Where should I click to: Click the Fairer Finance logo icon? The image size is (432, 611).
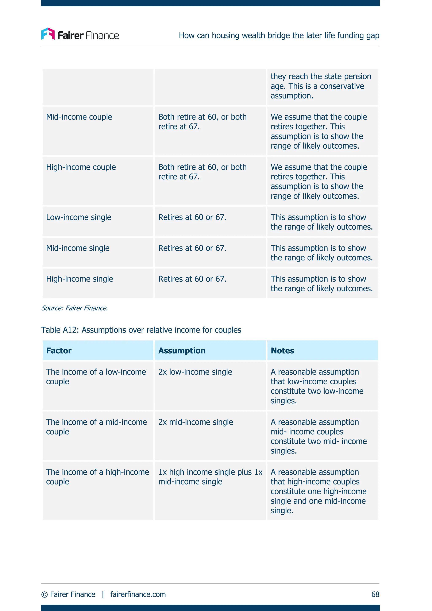tap(48, 34)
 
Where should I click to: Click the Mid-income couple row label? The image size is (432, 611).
tap(79, 117)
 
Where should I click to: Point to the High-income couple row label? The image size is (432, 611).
tap(81, 167)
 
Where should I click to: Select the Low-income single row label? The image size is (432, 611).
tap(78, 217)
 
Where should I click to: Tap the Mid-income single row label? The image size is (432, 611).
tap(78, 248)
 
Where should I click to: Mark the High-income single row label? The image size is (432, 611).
tap(80, 279)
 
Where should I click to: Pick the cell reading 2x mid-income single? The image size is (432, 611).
tap(196, 422)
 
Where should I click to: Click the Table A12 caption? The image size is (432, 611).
tap(141, 330)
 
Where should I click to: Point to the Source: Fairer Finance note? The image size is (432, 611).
tap(74, 308)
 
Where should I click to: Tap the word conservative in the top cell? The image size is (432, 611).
tap(342, 86)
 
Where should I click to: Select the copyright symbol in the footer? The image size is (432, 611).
tap(45, 595)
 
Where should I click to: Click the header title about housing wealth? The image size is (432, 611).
tap(279, 35)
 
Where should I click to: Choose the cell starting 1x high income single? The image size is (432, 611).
tap(210, 477)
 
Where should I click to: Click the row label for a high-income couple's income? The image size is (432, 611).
tap(97, 477)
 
